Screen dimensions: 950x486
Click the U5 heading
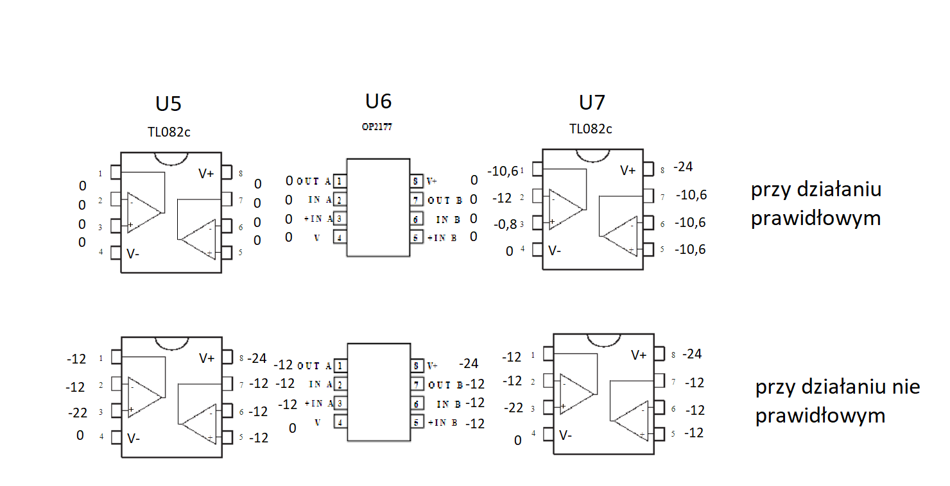coord(168,104)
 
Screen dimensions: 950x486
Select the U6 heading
coord(378,102)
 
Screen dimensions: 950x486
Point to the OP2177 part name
coord(377,127)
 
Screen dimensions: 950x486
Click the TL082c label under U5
coord(169,132)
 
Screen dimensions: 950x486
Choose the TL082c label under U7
coord(591,129)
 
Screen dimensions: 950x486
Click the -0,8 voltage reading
coord(505,224)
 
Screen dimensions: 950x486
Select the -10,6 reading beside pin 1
coord(503,171)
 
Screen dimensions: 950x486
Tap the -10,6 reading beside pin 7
coord(691,195)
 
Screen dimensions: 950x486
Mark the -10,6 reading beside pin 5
coord(690,249)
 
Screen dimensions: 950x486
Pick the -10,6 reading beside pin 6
coord(690,222)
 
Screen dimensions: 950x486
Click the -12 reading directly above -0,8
coord(502,198)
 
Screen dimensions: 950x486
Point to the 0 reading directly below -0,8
coord(510,251)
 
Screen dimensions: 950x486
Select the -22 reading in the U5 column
coord(78,413)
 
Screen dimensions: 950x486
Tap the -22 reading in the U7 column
coord(514,408)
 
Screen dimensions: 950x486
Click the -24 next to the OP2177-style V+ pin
coord(469,364)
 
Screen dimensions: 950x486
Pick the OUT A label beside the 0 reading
coord(313,181)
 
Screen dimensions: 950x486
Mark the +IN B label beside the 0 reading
coord(442,238)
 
